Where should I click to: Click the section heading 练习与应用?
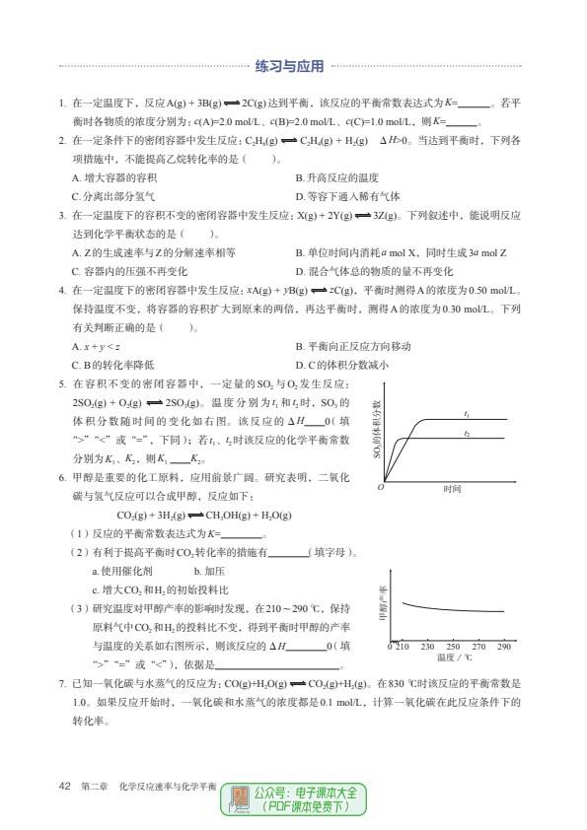click(289, 68)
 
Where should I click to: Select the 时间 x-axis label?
click(453, 489)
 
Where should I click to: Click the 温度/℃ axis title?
click(455, 657)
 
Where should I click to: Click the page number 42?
click(65, 786)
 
